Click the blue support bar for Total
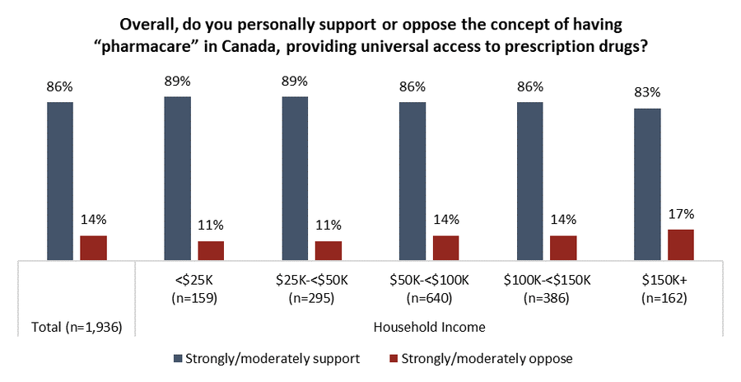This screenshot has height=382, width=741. (x=60, y=182)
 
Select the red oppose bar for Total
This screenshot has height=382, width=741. (x=93, y=248)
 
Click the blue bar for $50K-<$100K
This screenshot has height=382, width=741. (x=412, y=182)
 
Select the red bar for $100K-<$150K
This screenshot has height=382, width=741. (x=563, y=248)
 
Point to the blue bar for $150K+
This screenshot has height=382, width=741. (x=647, y=184)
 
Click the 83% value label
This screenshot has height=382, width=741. (x=647, y=92)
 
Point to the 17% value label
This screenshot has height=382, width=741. (x=681, y=214)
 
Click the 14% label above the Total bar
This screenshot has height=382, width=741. (x=93, y=220)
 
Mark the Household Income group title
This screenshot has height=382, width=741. (x=429, y=327)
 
